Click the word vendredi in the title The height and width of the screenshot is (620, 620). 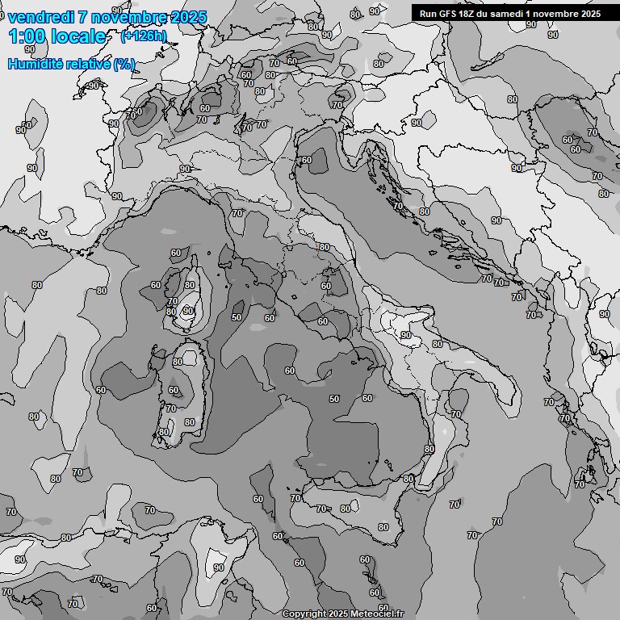(x=41, y=17)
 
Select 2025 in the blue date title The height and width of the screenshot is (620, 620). (x=186, y=17)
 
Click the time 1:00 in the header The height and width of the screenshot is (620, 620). (x=26, y=36)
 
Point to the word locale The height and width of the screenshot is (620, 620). (x=77, y=36)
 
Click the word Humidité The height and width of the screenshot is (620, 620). (x=35, y=64)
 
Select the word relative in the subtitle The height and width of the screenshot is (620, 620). (x=88, y=64)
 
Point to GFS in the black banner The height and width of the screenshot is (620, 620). (x=450, y=13)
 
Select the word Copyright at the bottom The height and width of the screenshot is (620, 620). (x=304, y=614)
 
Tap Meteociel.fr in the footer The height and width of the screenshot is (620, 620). (x=376, y=614)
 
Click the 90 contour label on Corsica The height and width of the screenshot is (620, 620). (x=188, y=311)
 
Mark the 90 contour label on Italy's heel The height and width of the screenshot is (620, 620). (x=406, y=335)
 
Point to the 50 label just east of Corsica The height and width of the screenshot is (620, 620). (x=237, y=317)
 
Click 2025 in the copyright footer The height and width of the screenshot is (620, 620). (x=339, y=614)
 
